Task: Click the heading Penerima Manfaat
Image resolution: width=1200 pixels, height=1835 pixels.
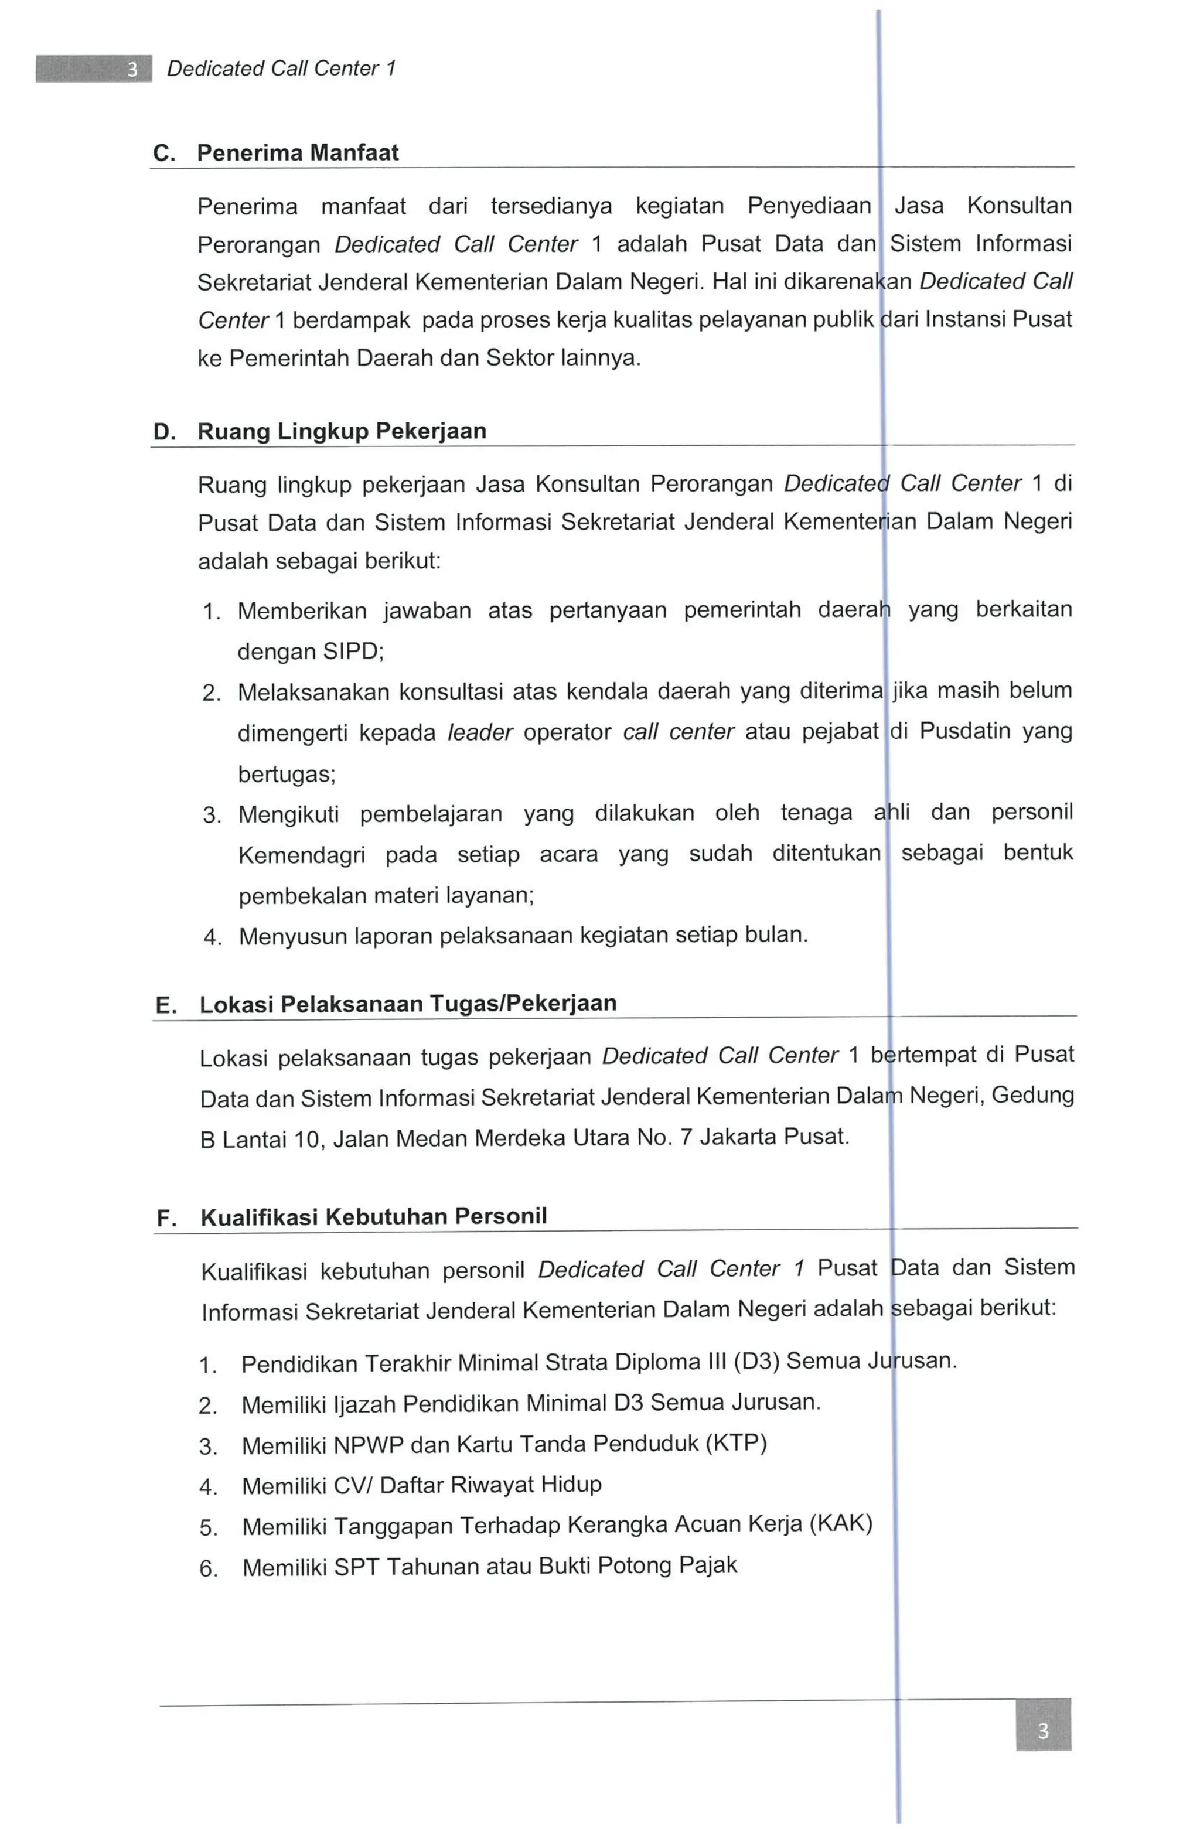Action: click(x=298, y=153)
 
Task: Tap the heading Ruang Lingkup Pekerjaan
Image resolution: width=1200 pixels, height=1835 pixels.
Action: click(x=342, y=431)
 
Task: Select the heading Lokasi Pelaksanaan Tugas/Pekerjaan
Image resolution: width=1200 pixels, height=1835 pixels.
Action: click(x=407, y=1004)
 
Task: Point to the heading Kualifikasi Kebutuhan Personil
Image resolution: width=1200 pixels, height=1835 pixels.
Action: click(x=373, y=1217)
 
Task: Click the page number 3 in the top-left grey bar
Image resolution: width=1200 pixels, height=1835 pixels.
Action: click(x=132, y=69)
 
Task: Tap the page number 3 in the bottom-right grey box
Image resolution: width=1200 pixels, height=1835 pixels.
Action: click(x=1042, y=1731)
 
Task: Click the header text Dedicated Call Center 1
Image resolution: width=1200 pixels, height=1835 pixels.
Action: click(x=281, y=69)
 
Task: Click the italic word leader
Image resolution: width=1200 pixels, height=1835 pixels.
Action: click(x=480, y=732)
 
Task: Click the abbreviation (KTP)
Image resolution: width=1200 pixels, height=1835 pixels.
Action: click(x=736, y=1443)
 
